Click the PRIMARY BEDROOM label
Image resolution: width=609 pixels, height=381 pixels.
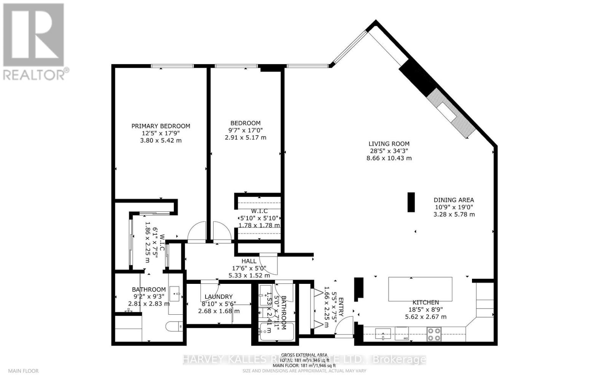(161, 126)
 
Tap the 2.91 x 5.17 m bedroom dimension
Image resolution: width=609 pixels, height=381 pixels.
(246, 137)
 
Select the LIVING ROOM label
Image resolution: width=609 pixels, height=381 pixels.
(389, 144)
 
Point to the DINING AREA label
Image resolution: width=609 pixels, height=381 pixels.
(454, 200)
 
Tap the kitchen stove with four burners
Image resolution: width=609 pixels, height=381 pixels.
(434, 334)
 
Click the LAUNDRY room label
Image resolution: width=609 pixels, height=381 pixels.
(218, 297)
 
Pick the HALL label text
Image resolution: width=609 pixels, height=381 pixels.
(249, 261)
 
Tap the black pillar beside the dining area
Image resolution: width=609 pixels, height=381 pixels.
(411, 202)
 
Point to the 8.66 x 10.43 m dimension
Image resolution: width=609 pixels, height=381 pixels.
(389, 158)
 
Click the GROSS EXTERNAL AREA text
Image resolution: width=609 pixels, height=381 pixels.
(304, 355)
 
